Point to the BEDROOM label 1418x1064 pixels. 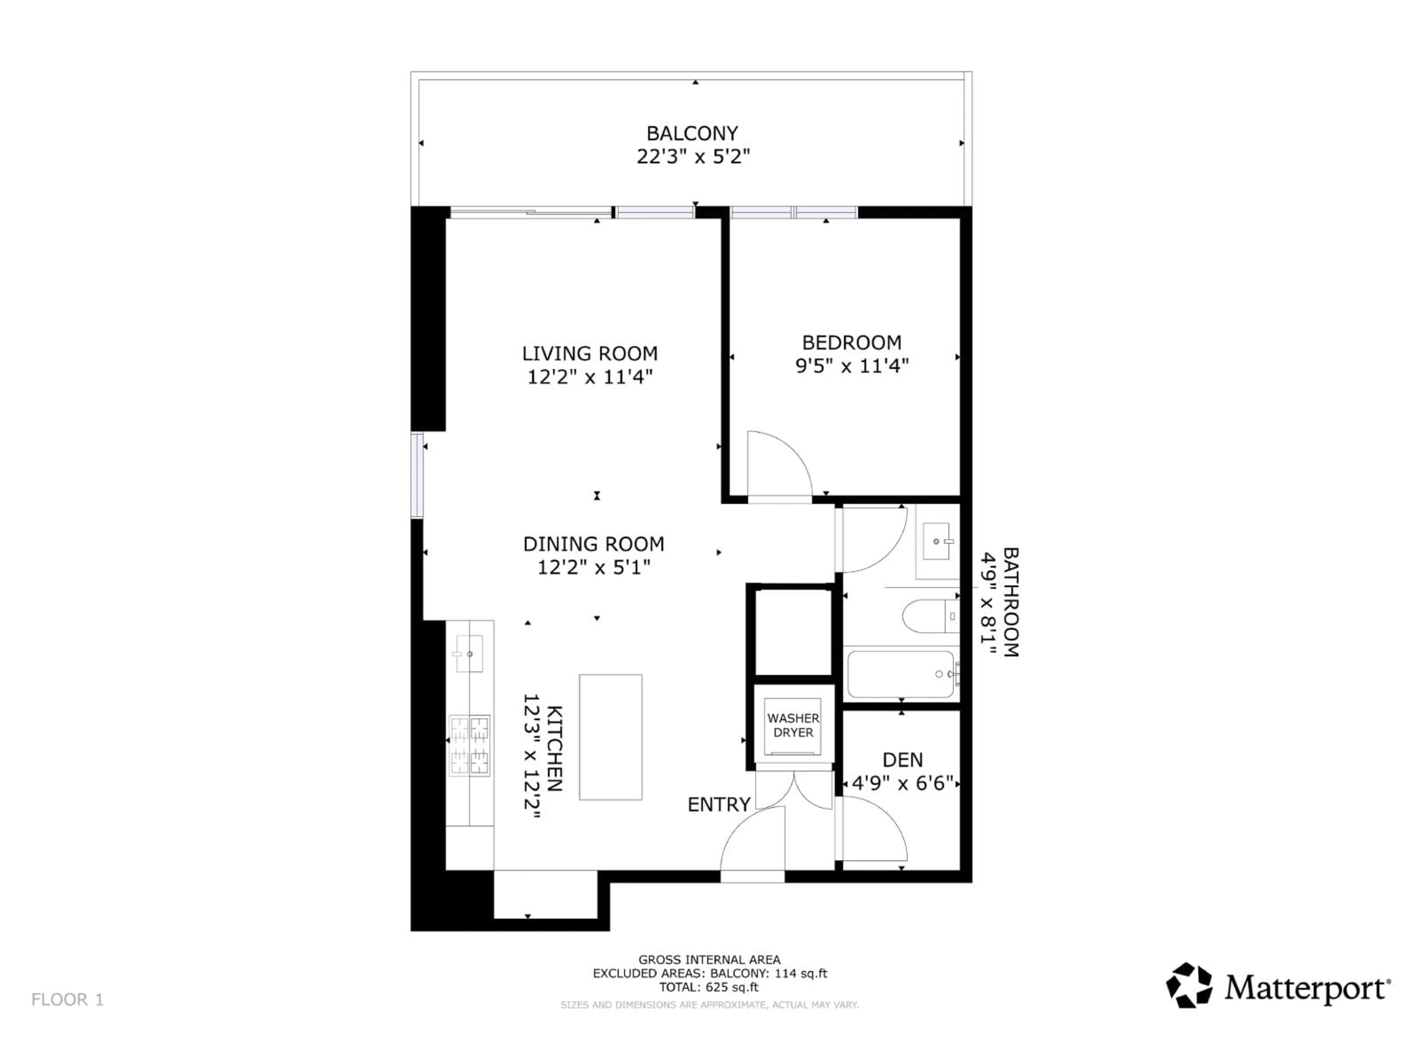851,342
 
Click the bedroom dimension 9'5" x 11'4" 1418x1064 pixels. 852,366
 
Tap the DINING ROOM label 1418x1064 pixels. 594,544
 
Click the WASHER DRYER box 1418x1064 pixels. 793,725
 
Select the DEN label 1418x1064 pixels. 902,760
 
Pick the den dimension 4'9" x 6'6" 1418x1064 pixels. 902,784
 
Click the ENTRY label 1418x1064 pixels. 719,804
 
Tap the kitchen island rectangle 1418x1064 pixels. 610,737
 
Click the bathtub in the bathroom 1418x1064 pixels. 901,674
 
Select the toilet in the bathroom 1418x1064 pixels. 929,616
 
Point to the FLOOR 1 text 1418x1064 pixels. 67,999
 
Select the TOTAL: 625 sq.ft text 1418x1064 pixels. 709,987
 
